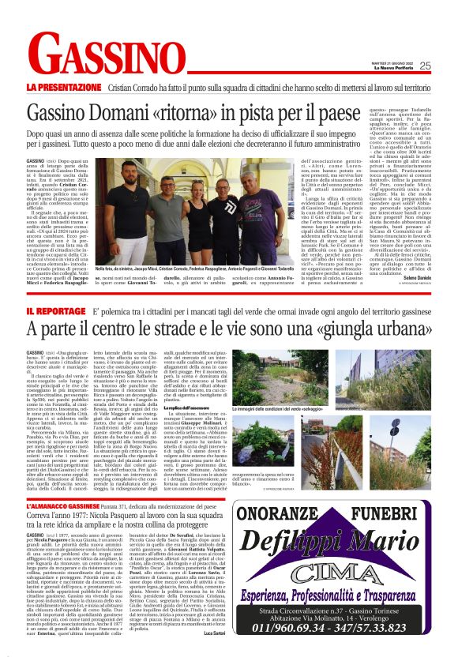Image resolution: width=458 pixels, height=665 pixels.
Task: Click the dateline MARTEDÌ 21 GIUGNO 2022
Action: point(385,62)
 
